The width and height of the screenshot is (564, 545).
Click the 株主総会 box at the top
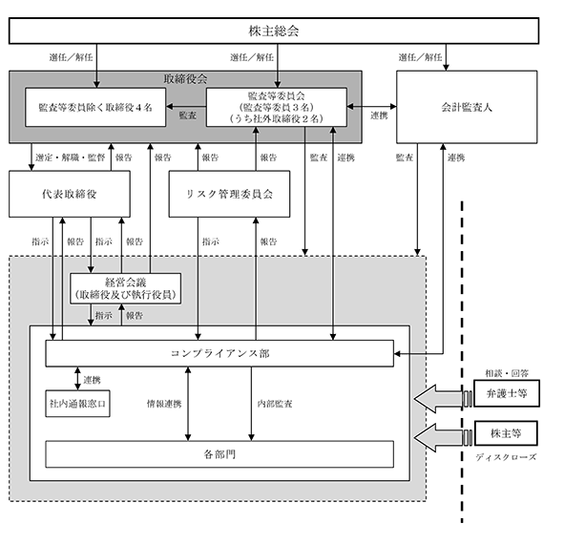coord(274,31)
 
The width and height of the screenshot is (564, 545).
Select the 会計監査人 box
coord(467,107)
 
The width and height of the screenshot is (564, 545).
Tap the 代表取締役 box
coord(70,194)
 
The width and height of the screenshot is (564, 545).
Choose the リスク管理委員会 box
coord(229,194)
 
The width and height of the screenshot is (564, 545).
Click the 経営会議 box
coord(125,288)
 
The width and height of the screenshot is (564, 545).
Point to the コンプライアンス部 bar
coord(219,353)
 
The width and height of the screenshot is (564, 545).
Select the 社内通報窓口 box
coord(77,404)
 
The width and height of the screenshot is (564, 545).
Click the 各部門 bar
coord(219,454)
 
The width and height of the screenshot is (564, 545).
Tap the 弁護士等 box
coord(507,393)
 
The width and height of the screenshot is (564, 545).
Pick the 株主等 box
coord(506,433)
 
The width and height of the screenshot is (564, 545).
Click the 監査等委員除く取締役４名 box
coord(95,107)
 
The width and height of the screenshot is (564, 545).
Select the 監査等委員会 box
coord(276,107)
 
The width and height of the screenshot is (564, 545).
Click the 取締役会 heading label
coord(185,79)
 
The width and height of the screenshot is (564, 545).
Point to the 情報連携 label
coord(164,404)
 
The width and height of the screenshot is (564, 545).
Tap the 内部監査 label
coord(275,404)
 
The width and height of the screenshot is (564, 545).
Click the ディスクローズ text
coord(506,457)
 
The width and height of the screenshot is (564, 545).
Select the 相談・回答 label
coord(507,373)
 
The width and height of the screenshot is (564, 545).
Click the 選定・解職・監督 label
coord(70,157)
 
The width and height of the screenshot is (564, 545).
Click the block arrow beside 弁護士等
coord(438,399)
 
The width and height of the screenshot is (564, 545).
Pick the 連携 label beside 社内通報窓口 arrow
coord(92,380)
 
